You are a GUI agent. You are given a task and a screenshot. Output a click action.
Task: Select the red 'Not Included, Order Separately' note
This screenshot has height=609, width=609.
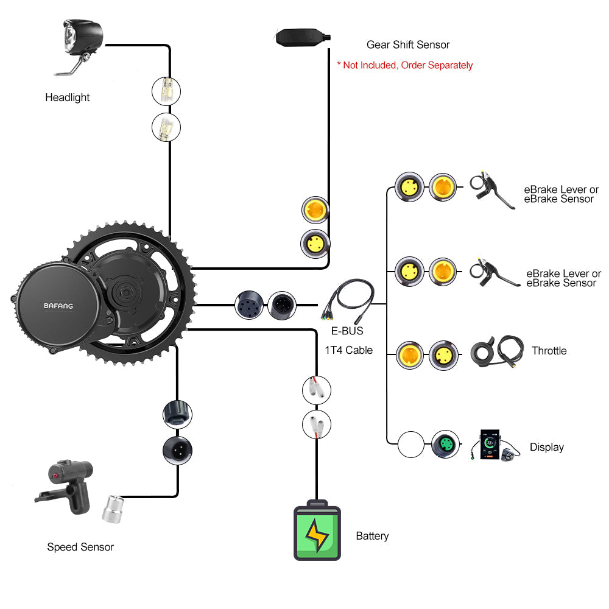coord(405,65)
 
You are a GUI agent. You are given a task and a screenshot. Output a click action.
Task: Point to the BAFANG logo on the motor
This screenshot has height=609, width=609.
coord(58,306)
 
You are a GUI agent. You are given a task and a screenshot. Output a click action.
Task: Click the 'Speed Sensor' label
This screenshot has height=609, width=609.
coord(80,547)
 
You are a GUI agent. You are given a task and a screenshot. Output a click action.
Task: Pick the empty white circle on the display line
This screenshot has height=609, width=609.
coord(410,445)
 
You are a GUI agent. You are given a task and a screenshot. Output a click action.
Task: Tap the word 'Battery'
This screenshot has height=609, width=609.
coord(372,536)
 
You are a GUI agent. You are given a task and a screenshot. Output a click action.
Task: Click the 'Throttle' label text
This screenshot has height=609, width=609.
coord(549,351)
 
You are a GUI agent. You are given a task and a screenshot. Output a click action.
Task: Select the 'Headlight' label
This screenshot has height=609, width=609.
coord(67,97)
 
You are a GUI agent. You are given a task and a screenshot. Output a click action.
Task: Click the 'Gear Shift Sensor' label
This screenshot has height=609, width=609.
coord(408,44)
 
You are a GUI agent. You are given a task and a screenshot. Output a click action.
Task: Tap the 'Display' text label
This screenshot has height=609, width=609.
coord(546,447)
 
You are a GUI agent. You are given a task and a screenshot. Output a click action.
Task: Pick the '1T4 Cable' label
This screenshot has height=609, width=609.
coord(348,350)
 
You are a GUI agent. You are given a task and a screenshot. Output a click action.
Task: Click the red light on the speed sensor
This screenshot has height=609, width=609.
coord(55,474)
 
